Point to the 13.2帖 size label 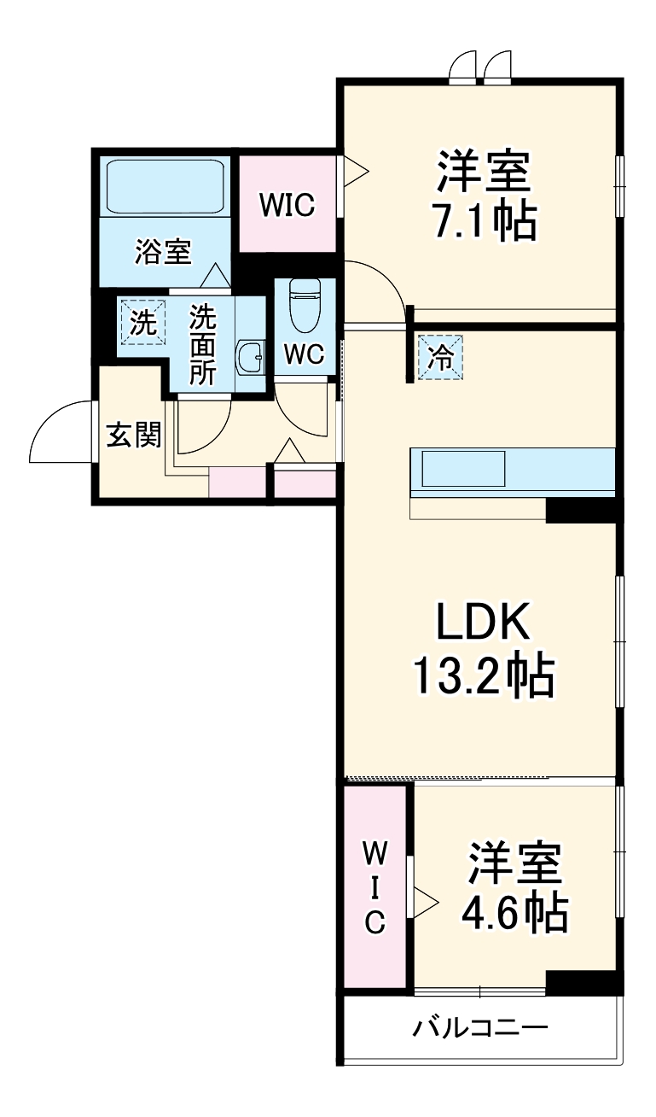coord(483,676)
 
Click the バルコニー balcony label coord(480,1027)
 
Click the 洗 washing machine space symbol coord(142,322)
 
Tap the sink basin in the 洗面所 coord(251,358)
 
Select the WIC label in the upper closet coord(287,205)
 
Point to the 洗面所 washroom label coord(202,346)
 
